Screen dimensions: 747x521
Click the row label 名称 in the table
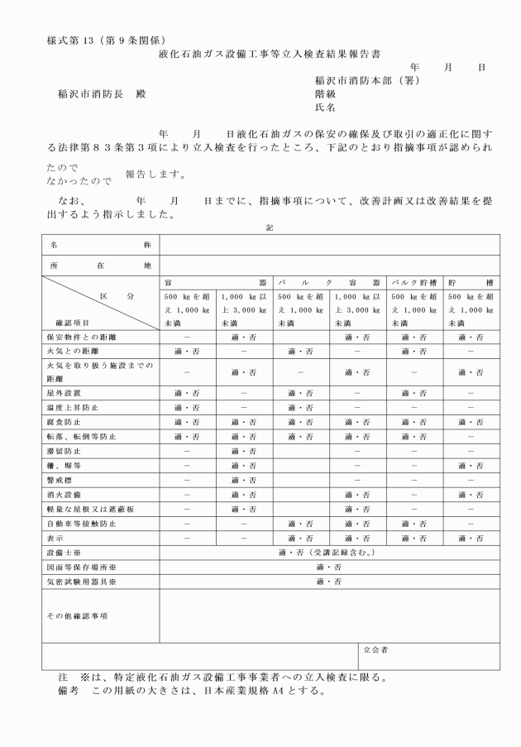tap(100, 246)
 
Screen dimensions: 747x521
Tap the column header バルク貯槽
tap(413, 282)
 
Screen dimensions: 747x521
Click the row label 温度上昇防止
tap(70, 408)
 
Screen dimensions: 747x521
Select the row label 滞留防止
tap(65, 451)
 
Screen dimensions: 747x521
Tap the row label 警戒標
tap(61, 480)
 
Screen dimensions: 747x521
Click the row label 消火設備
tap(65, 495)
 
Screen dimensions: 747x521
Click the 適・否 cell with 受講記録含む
tap(329, 553)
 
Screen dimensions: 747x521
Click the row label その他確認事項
tap(76, 615)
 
